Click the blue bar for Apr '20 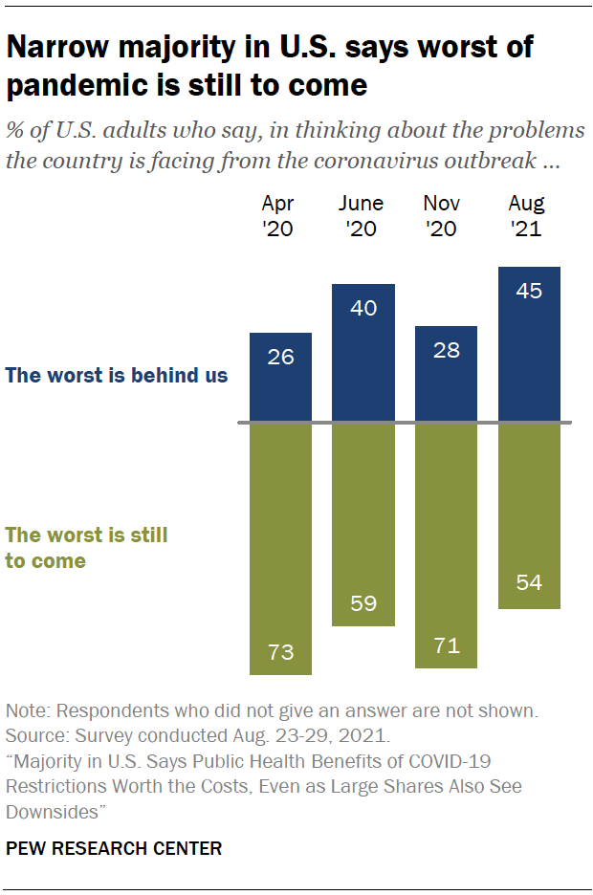(x=280, y=378)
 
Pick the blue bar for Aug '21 (x=529, y=345)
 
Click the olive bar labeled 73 (x=280, y=549)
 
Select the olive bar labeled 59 (x=363, y=525)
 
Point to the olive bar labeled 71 (x=446, y=545)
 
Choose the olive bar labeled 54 (x=529, y=516)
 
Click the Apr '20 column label (x=279, y=216)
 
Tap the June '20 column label (x=362, y=216)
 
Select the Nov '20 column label (x=442, y=216)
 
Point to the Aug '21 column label (x=527, y=216)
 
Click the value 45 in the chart (x=529, y=291)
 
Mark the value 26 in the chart (x=280, y=358)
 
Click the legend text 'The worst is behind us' (x=117, y=375)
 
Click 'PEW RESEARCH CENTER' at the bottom (x=113, y=848)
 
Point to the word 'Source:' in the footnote (x=36, y=736)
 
